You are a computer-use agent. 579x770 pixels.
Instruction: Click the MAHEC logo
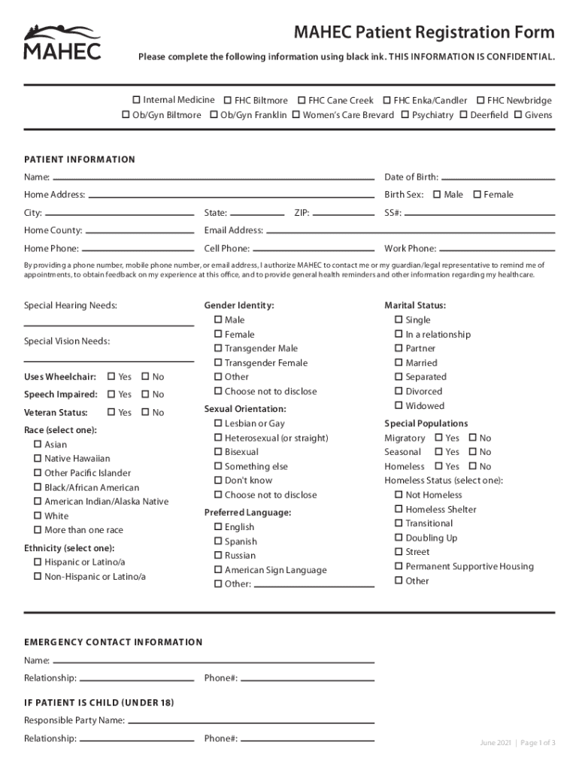click(x=62, y=42)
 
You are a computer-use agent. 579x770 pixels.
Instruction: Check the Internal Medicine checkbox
click(x=136, y=100)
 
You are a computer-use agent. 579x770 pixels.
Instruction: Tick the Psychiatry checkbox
click(x=405, y=115)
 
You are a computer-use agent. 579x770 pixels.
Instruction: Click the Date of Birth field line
click(x=498, y=178)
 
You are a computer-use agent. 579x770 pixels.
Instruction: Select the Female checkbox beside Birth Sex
click(x=477, y=195)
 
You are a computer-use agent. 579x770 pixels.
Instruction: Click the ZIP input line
click(x=343, y=214)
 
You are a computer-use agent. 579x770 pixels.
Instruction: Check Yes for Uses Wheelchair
click(x=111, y=377)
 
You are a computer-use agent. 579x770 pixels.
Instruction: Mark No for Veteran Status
click(x=145, y=412)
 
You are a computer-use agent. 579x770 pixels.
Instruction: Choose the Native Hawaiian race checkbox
click(x=37, y=459)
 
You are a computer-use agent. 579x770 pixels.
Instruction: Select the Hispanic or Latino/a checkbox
click(x=37, y=562)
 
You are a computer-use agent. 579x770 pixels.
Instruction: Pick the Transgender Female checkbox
click(x=217, y=362)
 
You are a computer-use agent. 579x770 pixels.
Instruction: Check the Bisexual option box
click(x=217, y=452)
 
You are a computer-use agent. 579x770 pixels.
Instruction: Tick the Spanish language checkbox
click(x=217, y=541)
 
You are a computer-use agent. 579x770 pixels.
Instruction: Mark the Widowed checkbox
click(x=399, y=405)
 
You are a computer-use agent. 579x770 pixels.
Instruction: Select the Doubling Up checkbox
click(x=399, y=538)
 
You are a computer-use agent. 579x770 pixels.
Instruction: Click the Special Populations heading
click(x=426, y=423)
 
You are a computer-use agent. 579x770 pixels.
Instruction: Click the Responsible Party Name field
click(x=250, y=721)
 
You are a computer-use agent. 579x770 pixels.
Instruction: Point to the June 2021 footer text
click(x=496, y=743)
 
